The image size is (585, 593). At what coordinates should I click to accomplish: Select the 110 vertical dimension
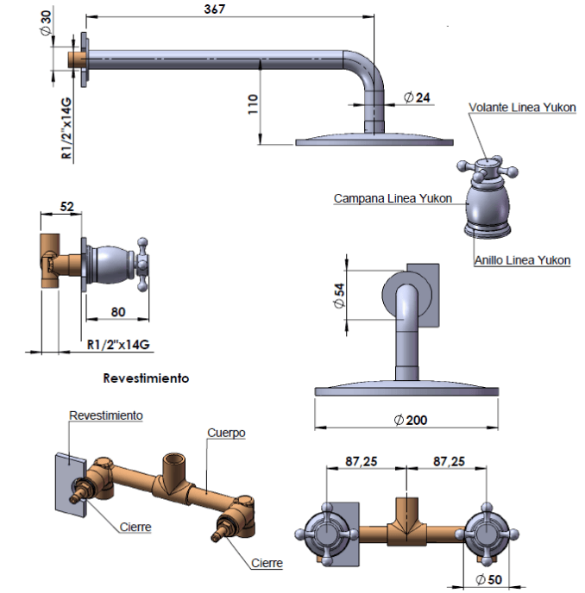tap(253, 105)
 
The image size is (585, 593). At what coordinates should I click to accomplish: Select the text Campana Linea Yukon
tap(393, 199)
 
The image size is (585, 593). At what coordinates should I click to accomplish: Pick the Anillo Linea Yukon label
tap(523, 259)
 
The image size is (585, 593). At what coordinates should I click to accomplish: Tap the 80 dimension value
tap(119, 311)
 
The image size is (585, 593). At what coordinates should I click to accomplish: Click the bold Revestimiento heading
tap(146, 378)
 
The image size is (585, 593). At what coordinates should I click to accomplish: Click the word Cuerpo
tap(227, 433)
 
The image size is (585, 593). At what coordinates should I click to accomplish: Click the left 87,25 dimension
tap(360, 462)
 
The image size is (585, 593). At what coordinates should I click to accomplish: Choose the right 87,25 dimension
tap(449, 462)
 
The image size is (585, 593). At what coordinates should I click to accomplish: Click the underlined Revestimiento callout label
tap(105, 415)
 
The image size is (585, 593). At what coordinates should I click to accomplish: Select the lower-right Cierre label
tap(267, 564)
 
